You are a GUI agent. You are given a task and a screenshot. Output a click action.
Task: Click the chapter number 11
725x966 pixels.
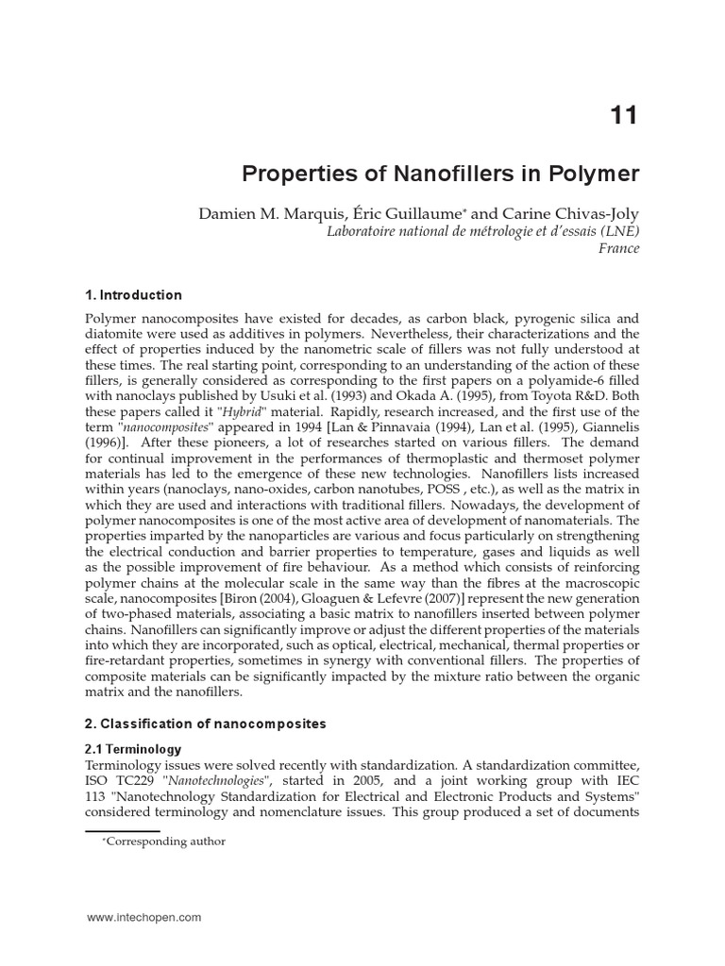tap(624, 116)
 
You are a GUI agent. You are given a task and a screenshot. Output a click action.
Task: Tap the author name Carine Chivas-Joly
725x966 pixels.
tap(573, 214)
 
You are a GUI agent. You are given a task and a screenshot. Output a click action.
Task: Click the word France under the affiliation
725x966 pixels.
tap(619, 249)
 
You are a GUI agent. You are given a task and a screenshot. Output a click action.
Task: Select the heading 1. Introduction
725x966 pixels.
tap(133, 295)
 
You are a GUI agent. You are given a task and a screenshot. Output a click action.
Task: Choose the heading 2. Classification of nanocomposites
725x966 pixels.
tap(206, 724)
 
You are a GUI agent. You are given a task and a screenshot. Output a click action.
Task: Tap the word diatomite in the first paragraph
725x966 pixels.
tap(116, 335)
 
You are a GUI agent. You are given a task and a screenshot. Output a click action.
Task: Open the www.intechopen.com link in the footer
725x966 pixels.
tap(143, 917)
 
